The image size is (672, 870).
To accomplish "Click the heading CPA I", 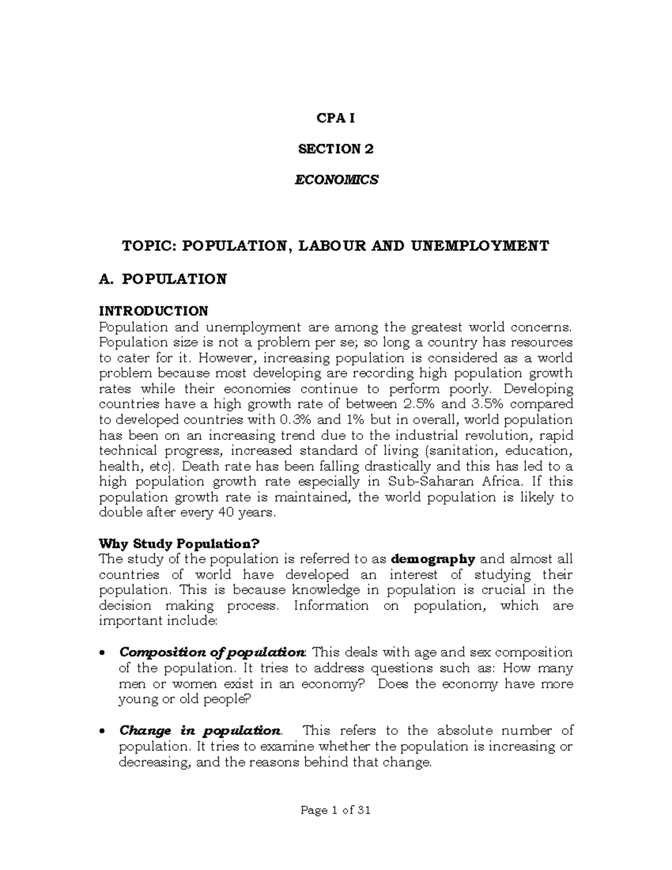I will point(336,118).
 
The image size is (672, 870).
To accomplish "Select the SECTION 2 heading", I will point(336,149).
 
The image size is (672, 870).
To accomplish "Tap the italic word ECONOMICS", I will point(336,180).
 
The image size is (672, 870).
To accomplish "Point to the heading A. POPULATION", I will point(162,279).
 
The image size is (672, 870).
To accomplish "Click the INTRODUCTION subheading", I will point(153,310).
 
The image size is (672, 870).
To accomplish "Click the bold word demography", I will point(433,559).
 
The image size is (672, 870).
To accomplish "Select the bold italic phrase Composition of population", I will point(212,653).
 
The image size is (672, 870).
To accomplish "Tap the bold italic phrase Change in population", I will point(200,731).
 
